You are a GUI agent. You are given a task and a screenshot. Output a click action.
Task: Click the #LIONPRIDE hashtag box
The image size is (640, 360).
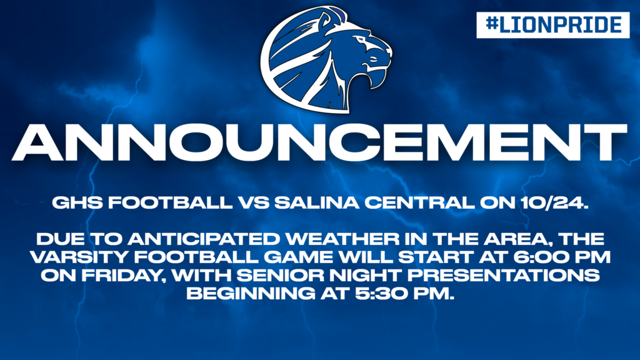point(552,25)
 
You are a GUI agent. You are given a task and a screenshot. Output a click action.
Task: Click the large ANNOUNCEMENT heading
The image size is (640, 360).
point(319,142)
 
